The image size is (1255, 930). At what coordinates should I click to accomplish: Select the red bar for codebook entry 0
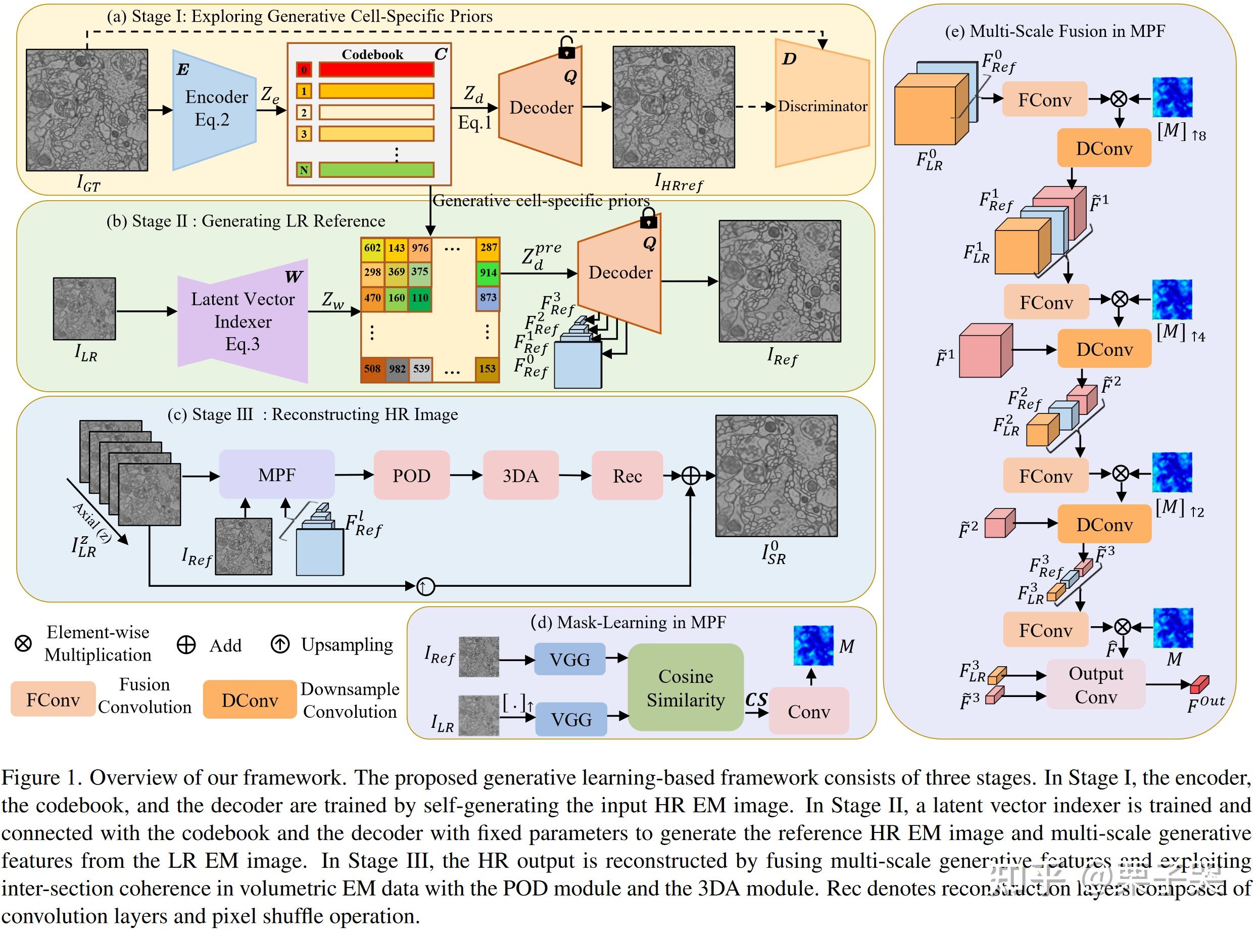[x=376, y=70]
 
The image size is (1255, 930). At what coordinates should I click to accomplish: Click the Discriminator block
[x=822, y=105]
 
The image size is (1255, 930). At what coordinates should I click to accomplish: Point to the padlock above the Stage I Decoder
[x=566, y=49]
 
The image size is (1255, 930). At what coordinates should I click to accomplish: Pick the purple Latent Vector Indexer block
[x=243, y=321]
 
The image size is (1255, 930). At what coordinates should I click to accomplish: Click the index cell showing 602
[x=372, y=248]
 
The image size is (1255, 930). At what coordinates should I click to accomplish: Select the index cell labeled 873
[x=488, y=297]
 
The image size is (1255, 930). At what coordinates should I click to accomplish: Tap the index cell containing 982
[x=397, y=369]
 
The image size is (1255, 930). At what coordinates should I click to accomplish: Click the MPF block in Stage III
[x=277, y=475]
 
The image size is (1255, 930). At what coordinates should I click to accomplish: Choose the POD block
[x=411, y=475]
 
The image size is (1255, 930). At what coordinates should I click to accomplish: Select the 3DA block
[x=520, y=475]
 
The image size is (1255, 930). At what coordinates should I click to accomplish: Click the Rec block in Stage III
[x=627, y=476]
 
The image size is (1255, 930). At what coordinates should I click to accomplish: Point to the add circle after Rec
[x=691, y=476]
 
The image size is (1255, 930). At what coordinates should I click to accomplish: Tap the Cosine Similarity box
[x=686, y=687]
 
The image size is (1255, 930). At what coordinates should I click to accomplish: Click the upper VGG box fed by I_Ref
[x=569, y=659]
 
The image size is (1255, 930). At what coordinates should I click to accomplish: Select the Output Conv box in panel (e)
[x=1095, y=684]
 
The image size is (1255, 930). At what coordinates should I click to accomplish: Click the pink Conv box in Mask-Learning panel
[x=808, y=711]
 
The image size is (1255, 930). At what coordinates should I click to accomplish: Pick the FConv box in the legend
[x=53, y=699]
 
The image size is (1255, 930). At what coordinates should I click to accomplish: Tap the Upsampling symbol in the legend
[x=280, y=644]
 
